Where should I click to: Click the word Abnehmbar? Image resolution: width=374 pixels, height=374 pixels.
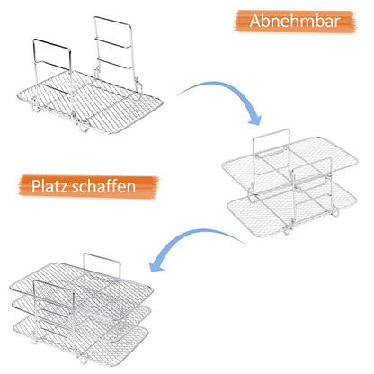point(295,21)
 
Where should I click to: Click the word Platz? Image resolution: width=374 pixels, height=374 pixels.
point(49,186)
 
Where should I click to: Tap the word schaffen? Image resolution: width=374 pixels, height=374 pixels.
point(104,186)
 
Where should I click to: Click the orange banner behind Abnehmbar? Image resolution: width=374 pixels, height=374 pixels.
point(295,21)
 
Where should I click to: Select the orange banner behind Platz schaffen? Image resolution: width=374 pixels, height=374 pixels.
point(88,187)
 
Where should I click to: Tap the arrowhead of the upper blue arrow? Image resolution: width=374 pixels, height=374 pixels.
point(254,120)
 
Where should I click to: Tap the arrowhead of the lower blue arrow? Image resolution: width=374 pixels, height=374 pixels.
point(156,266)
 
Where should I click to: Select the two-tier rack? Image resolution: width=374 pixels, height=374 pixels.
point(290,183)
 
